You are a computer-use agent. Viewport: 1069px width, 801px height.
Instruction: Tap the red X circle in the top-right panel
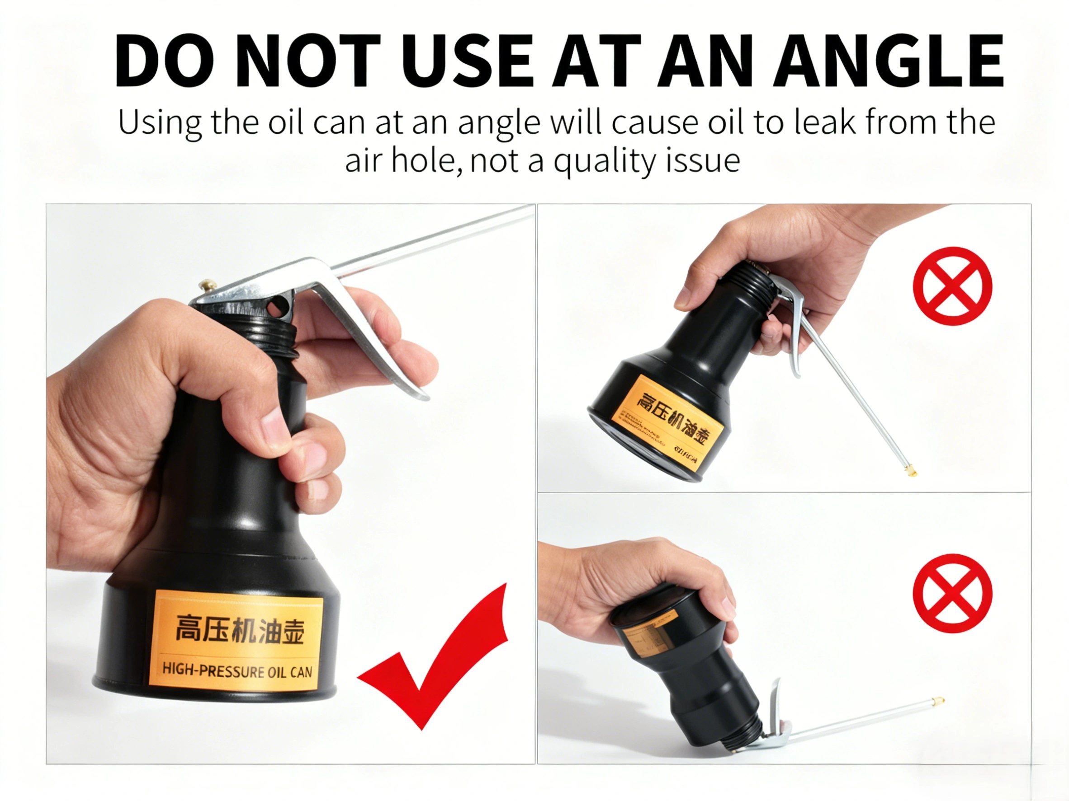[x=952, y=286]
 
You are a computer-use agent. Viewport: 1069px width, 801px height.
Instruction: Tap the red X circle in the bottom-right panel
[x=952, y=593]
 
